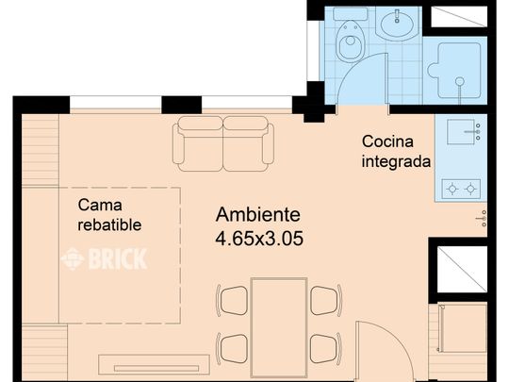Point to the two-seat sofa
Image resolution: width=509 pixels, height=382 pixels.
point(223,142)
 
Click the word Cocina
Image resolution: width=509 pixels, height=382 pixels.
point(386,141)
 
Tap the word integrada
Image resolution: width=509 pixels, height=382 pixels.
point(396,161)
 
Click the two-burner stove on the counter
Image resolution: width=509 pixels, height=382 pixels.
point(462,188)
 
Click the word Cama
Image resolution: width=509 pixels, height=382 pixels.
point(99,205)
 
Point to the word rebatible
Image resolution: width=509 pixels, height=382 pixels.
point(109,224)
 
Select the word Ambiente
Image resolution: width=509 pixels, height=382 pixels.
point(257,214)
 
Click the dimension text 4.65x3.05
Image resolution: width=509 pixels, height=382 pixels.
point(259,239)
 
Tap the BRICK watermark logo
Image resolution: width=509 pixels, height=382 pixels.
point(105,259)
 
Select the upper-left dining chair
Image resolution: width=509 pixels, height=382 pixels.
point(232,300)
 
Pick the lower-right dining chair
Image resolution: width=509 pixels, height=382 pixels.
point(325,347)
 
